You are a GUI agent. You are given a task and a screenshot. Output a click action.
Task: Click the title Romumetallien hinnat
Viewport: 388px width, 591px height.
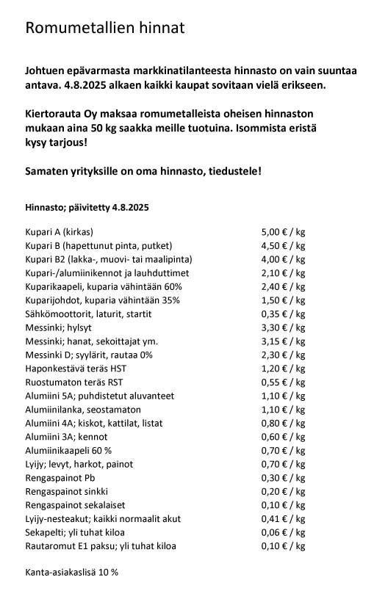coord(104,29)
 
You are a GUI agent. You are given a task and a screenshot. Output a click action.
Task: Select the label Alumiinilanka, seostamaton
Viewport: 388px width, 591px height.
coord(83,410)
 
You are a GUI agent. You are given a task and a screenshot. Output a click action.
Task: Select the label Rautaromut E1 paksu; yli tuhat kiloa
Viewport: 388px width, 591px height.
coord(101,546)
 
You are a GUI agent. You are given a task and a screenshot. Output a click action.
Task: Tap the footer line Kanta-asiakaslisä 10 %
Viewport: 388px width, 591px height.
coord(71,572)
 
